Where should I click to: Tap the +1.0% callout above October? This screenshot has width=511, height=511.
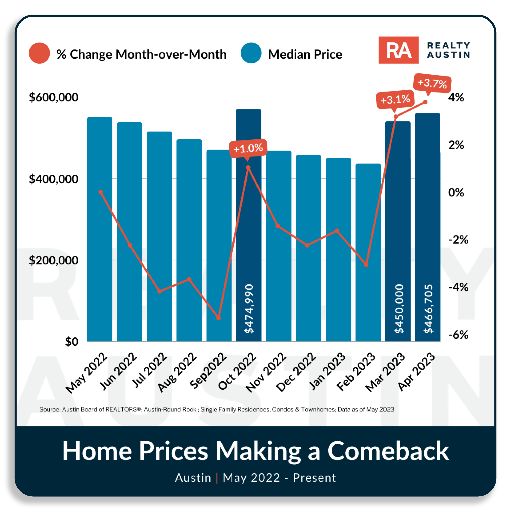[x=248, y=148]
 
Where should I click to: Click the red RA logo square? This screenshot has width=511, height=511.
[x=398, y=50]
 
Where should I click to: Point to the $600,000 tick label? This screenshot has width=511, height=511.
[x=53, y=97]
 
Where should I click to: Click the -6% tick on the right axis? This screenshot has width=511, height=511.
[x=458, y=335]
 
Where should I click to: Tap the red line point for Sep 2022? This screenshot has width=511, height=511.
[x=218, y=318]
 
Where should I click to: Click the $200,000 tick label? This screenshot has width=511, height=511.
[x=53, y=260]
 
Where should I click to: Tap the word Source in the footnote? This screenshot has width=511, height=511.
[x=50, y=409]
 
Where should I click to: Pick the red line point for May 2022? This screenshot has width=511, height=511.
[x=100, y=192]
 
